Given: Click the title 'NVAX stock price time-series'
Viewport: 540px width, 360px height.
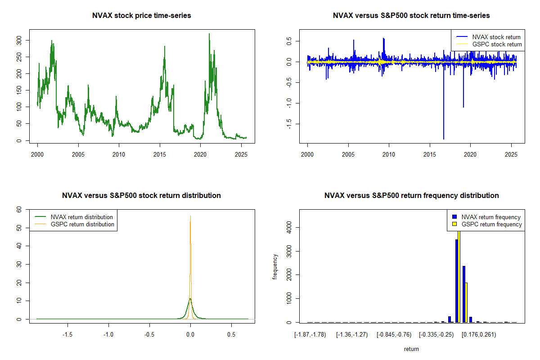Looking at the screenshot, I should click(141, 16).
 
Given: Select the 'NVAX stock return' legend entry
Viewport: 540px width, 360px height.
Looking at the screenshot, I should click(496, 37).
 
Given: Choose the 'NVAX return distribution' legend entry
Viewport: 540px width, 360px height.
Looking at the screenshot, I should click(81, 217).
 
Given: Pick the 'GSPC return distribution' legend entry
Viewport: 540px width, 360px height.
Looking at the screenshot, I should click(82, 224).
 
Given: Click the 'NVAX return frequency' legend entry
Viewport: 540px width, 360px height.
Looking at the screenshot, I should click(491, 217).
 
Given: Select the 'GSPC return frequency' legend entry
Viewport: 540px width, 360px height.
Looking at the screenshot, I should click(491, 224).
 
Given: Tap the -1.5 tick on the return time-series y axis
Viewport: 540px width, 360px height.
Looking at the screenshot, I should click(289, 123).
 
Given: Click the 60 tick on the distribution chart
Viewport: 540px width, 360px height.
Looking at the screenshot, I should click(19, 210).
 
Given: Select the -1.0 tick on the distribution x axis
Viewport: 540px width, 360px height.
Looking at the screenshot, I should click(108, 335).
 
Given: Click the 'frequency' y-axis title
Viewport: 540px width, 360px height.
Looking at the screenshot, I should click(275, 266).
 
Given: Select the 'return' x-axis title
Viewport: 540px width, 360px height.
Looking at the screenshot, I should click(411, 349).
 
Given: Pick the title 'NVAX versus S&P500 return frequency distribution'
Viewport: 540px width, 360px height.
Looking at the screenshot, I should click(411, 196).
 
